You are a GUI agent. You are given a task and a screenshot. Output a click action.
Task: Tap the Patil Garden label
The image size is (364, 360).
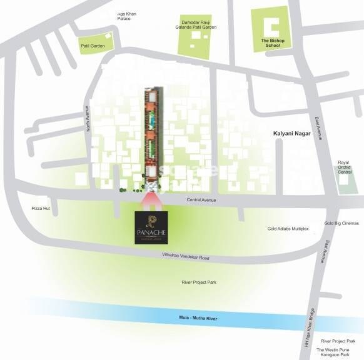coord(93,46)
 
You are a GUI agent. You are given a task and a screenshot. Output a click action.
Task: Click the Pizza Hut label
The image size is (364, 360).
coord(41,208)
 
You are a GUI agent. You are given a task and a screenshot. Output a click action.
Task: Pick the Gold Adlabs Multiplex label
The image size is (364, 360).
coord(288,229)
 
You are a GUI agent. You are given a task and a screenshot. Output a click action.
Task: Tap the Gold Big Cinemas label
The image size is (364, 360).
coord(341,223)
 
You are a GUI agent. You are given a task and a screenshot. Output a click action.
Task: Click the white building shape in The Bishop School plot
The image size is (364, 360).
coord(271,26)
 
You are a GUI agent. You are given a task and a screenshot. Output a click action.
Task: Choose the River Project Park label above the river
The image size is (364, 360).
coord(199,282)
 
